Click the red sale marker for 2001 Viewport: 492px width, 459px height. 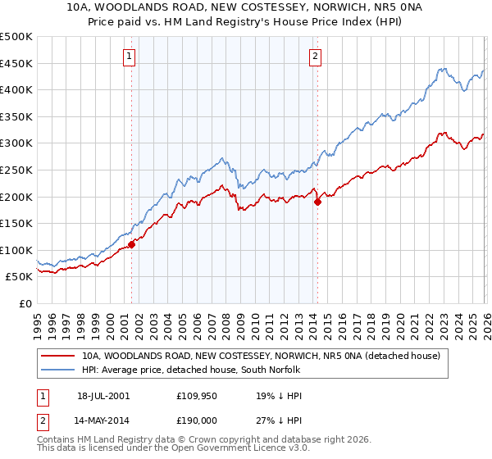pos(131,244)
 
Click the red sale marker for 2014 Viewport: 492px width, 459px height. pos(317,202)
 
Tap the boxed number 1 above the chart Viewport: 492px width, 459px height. pos(130,57)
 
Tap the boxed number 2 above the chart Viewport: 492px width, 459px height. pos(316,57)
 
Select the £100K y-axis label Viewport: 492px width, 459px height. pos(16,250)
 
